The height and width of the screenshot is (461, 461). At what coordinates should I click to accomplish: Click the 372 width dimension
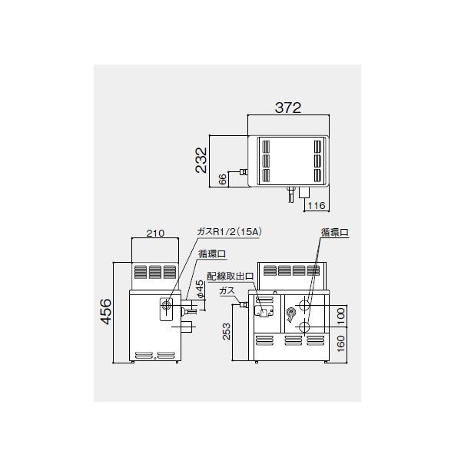289,108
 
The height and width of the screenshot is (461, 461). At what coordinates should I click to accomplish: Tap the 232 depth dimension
202,161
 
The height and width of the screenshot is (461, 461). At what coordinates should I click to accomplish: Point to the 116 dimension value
317,206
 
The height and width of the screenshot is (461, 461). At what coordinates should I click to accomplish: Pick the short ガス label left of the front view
227,290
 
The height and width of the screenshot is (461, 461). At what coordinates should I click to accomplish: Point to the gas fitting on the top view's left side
244,172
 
